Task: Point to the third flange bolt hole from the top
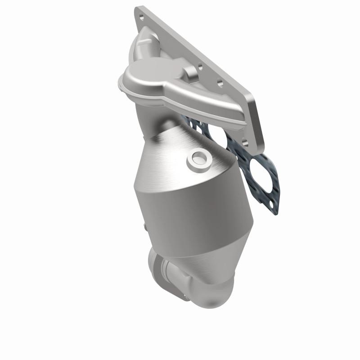coord(220,83)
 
